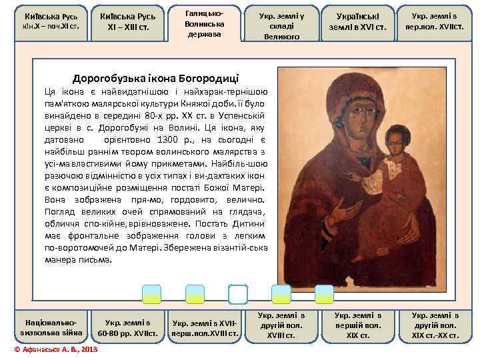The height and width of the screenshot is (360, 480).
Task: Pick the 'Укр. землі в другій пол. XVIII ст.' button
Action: coord(281,325)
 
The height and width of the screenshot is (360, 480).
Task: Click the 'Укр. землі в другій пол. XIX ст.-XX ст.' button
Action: coord(435,325)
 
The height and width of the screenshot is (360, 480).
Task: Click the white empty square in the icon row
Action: coord(237,295)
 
